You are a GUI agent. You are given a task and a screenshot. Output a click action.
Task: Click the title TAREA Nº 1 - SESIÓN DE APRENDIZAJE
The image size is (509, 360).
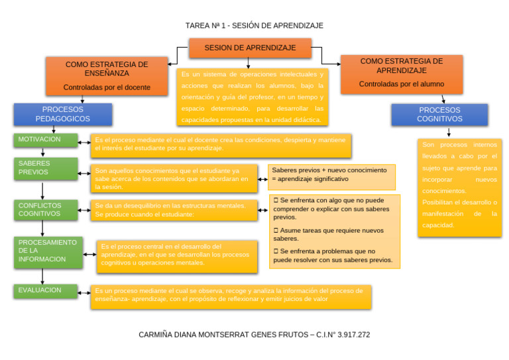pyautogui.click(x=254, y=25)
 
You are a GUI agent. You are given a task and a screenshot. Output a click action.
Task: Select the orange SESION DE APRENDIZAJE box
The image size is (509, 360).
pyautogui.click(x=250, y=48)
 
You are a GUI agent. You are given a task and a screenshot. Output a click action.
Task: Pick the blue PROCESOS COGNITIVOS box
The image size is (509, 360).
pyautogui.click(x=439, y=114)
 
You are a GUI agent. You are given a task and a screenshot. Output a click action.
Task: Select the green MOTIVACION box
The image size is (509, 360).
pyautogui.click(x=45, y=140)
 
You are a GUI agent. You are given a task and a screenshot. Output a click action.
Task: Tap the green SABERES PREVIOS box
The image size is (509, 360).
pyautogui.click(x=45, y=168)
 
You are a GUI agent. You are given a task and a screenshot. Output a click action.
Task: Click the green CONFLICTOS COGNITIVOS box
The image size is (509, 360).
pyautogui.click(x=45, y=210)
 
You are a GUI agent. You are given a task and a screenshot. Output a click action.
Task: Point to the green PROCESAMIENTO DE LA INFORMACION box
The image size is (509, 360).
pyautogui.click(x=48, y=251)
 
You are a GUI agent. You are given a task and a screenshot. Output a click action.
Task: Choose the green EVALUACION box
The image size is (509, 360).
pyautogui.click(x=45, y=290)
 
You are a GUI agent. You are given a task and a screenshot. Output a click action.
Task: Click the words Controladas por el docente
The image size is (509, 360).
pyautogui.click(x=107, y=87)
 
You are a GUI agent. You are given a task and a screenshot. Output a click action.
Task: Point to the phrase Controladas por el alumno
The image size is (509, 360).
pyautogui.click(x=401, y=84)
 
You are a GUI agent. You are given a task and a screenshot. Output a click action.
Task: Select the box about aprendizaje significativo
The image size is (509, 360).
pyautogui.click(x=332, y=175)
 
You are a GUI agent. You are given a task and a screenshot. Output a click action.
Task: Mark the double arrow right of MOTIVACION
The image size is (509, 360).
pyautogui.click(x=84, y=142)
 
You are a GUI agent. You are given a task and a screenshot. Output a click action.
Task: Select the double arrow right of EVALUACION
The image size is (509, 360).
pyautogui.click(x=84, y=291)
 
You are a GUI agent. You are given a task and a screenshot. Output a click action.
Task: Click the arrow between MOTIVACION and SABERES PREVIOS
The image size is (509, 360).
pyautogui.click(x=43, y=152)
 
